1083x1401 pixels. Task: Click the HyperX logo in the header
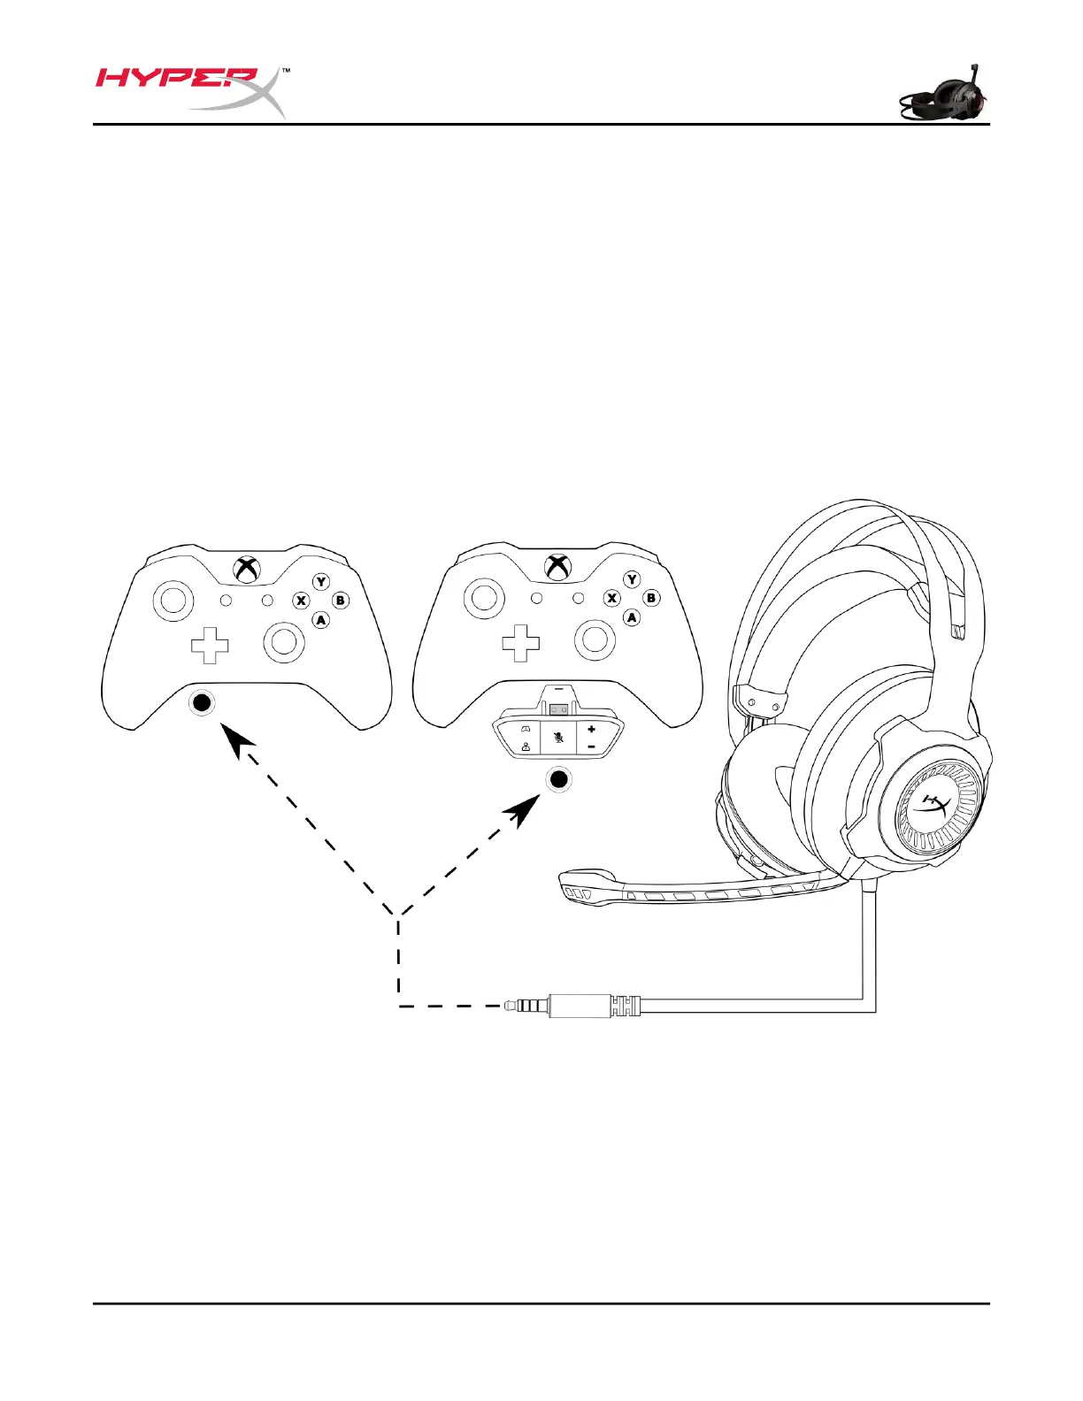pos(191,89)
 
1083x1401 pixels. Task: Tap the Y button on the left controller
pos(321,581)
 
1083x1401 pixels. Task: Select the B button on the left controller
pos(341,601)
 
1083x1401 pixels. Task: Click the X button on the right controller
pos(611,598)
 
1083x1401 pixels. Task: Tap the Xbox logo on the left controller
pos(246,569)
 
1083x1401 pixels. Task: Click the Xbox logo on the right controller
pos(557,567)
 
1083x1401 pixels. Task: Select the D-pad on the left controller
pos(210,645)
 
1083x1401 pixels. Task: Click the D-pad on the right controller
pos(520,643)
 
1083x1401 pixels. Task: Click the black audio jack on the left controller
pos(203,703)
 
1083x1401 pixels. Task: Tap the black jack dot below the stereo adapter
pos(558,779)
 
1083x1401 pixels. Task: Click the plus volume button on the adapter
pos(591,729)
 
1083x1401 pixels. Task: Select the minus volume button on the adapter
pos(591,746)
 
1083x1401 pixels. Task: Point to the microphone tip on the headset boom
pos(575,888)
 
